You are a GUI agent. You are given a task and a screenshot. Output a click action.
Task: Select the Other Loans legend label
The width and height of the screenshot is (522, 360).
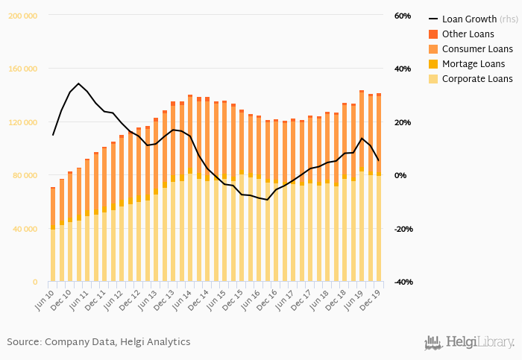pos(468,34)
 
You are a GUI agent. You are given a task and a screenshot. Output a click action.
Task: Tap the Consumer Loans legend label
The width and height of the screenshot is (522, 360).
pos(477,49)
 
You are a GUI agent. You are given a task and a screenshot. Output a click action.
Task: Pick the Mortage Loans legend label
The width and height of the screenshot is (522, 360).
pos(474,64)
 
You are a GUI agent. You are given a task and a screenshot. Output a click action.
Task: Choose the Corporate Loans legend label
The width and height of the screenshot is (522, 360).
pos(477,79)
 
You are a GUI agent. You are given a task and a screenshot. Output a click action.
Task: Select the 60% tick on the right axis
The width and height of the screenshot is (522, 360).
pos(402,16)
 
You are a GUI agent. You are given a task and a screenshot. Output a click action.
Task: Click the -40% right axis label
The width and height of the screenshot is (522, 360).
pos(403,282)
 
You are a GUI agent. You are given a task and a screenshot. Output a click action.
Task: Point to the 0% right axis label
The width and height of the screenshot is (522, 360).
pos(400,176)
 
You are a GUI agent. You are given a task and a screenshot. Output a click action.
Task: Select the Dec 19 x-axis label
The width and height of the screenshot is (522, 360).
pos(372,297)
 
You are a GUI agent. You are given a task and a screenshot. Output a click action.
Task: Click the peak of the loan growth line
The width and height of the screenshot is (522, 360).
pos(78,83)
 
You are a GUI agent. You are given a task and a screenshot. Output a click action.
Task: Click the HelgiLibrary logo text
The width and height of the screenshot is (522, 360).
pos(478,342)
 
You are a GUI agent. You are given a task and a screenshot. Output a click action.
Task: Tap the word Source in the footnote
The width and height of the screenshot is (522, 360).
pos(23,342)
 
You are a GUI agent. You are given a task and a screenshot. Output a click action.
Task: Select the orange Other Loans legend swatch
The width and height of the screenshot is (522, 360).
pos(433,34)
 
